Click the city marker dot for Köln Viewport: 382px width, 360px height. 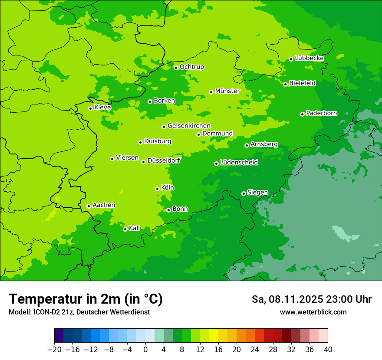[157, 189]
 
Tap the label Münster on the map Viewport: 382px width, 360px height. [227, 91]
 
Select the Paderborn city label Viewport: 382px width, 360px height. [321, 113]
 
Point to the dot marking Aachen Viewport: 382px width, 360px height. [89, 206]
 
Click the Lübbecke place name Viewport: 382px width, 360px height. [309, 58]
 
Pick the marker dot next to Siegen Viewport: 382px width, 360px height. [244, 193]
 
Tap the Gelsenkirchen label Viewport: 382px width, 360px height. [189, 126]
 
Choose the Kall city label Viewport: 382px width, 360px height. [135, 228]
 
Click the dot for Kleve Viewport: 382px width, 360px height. [90, 108]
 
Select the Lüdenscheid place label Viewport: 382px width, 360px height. [239, 163]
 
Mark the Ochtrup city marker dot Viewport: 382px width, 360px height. [176, 67]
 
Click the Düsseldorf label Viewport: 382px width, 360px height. [164, 160]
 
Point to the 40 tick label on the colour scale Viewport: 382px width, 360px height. [328, 350]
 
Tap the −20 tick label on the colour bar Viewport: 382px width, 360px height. [54, 350]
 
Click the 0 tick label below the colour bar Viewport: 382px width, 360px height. [145, 350]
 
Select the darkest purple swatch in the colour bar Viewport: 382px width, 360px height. [59, 336]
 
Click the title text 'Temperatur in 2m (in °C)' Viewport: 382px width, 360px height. [86, 299]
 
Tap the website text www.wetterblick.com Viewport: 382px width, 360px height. [313, 312]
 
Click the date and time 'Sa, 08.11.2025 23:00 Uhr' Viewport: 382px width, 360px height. [311, 299]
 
